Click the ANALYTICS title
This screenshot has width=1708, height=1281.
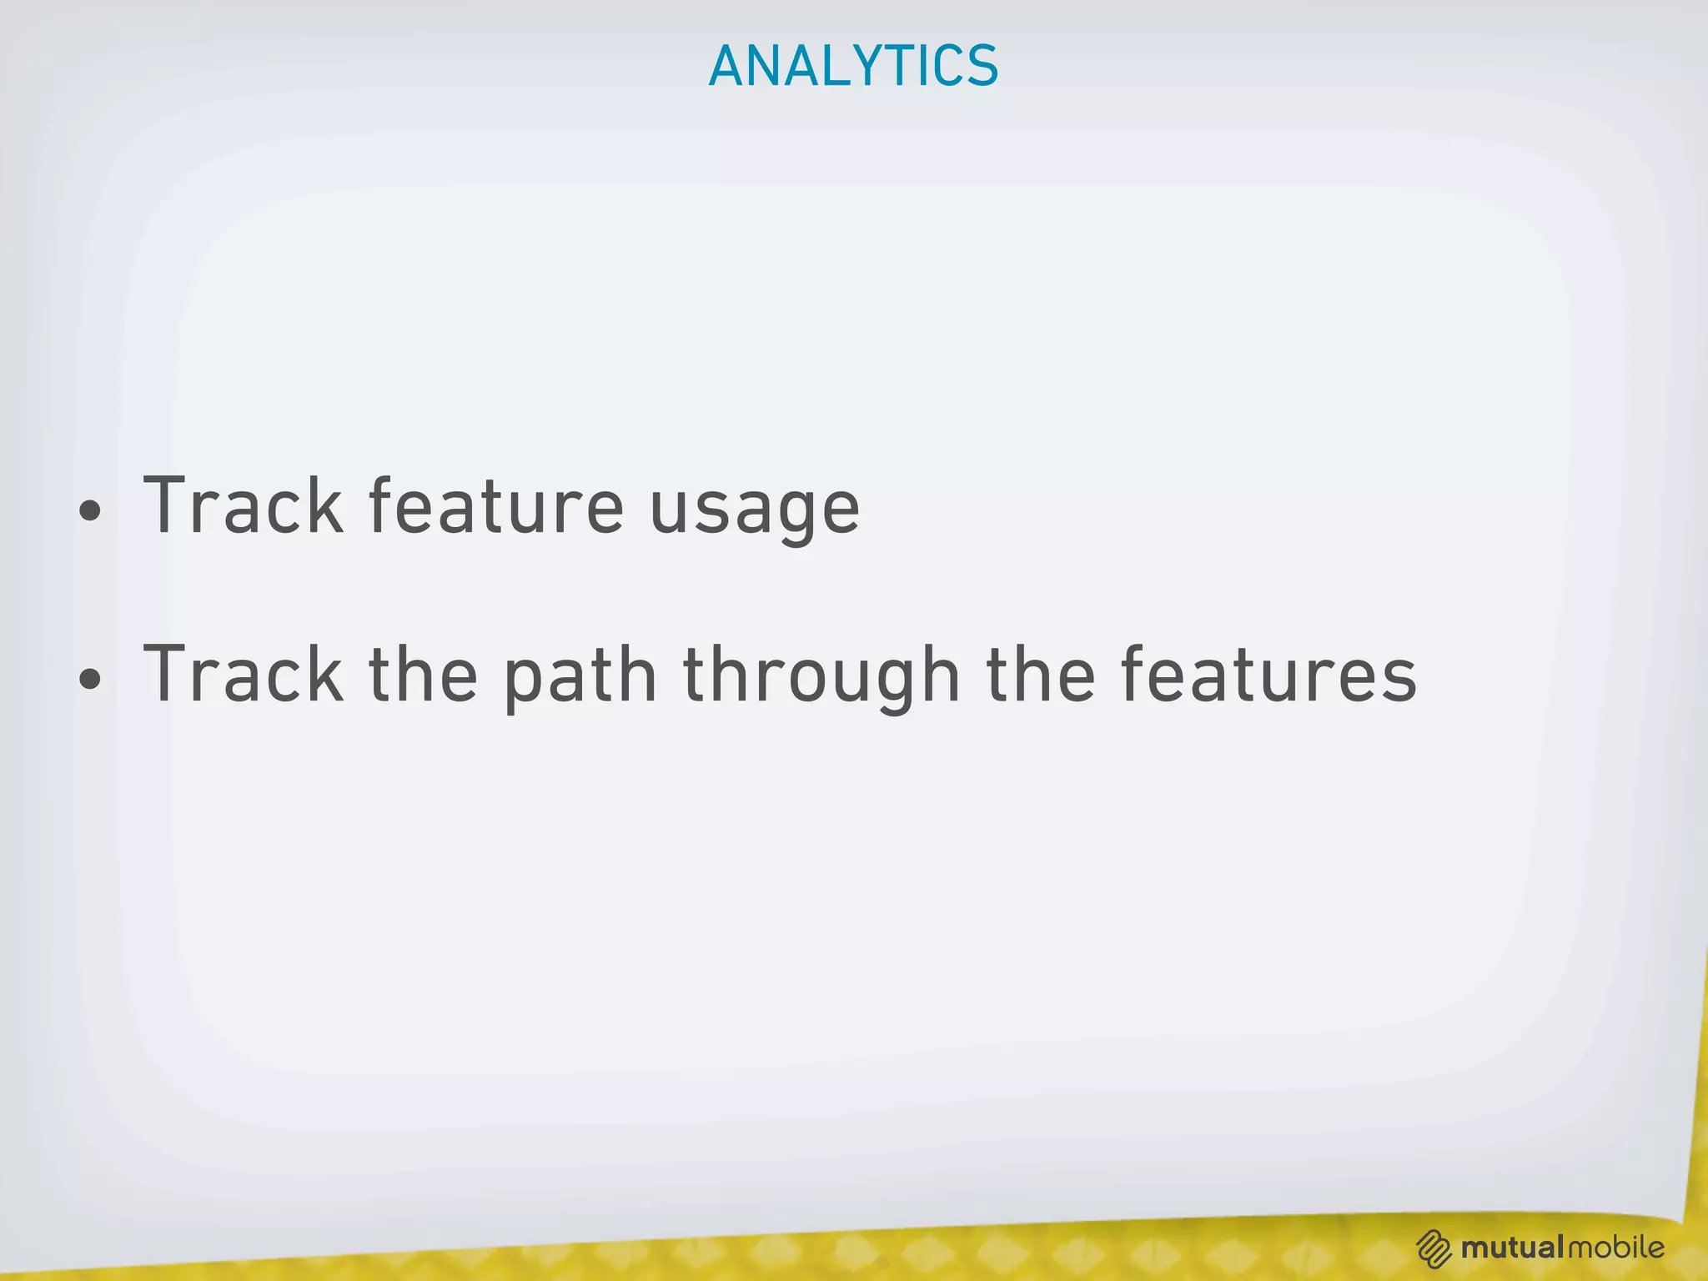[853, 66]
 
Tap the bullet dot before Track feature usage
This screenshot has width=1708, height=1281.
[90, 510]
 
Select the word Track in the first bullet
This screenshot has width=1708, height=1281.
[243, 505]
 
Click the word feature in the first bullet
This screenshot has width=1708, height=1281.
[495, 505]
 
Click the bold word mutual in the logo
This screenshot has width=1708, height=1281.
[1512, 1248]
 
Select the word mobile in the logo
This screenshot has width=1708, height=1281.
[1615, 1248]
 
